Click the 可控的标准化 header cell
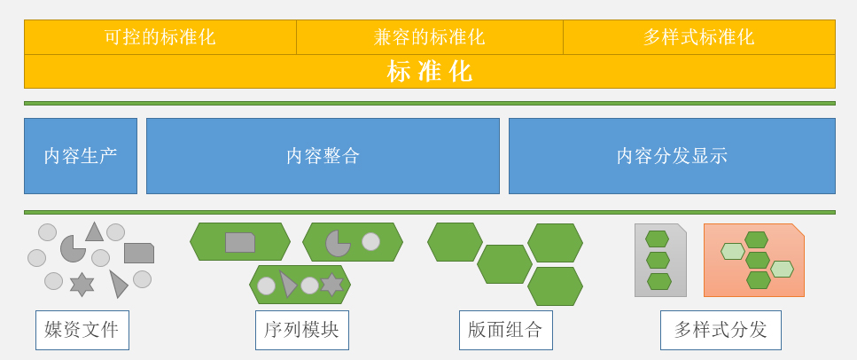pos(160,37)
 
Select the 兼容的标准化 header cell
pos(430,37)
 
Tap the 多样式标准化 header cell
pos(699,37)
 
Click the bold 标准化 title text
pos(430,71)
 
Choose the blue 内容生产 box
pos(81,156)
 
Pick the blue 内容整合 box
pos(323,156)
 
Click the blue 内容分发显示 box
pos(672,156)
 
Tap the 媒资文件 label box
pos(82,330)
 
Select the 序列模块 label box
pos(302,330)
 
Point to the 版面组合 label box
pos(505,330)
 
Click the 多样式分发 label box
pos(721,330)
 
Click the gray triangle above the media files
pos(95,233)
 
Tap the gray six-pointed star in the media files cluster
pos(82,285)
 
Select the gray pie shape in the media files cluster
pos(72,249)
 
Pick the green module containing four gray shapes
pos(300,285)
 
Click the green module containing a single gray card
pos(240,242)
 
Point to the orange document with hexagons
pos(753,261)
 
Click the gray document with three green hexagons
pos(660,261)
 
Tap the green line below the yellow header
pos(430,103)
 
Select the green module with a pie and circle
pos(353,242)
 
